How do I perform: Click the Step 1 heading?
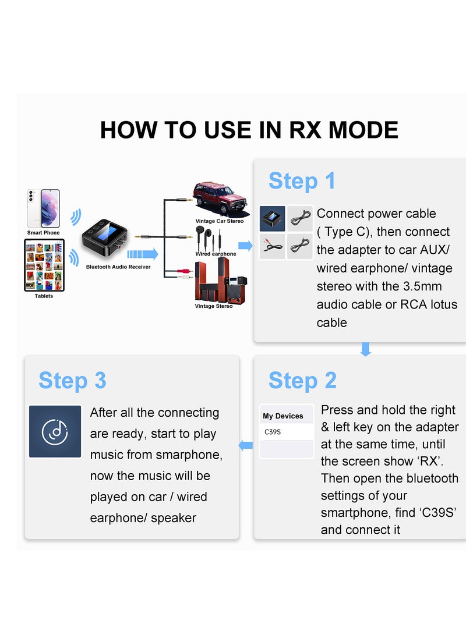point(302,181)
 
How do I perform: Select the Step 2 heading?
point(302,380)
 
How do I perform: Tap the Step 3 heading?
point(72,380)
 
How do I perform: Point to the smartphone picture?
point(44,208)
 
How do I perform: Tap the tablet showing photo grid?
point(44,265)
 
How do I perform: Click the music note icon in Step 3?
point(55,431)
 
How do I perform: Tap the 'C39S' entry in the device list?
point(273,432)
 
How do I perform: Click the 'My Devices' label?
point(283,416)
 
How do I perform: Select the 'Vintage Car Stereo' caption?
point(220,221)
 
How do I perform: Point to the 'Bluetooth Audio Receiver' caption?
point(118,267)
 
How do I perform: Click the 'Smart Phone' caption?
point(44,233)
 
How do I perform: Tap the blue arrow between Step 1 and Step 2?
point(366,349)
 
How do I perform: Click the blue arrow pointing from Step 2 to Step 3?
point(247,446)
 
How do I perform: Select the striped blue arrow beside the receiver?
point(142,254)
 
